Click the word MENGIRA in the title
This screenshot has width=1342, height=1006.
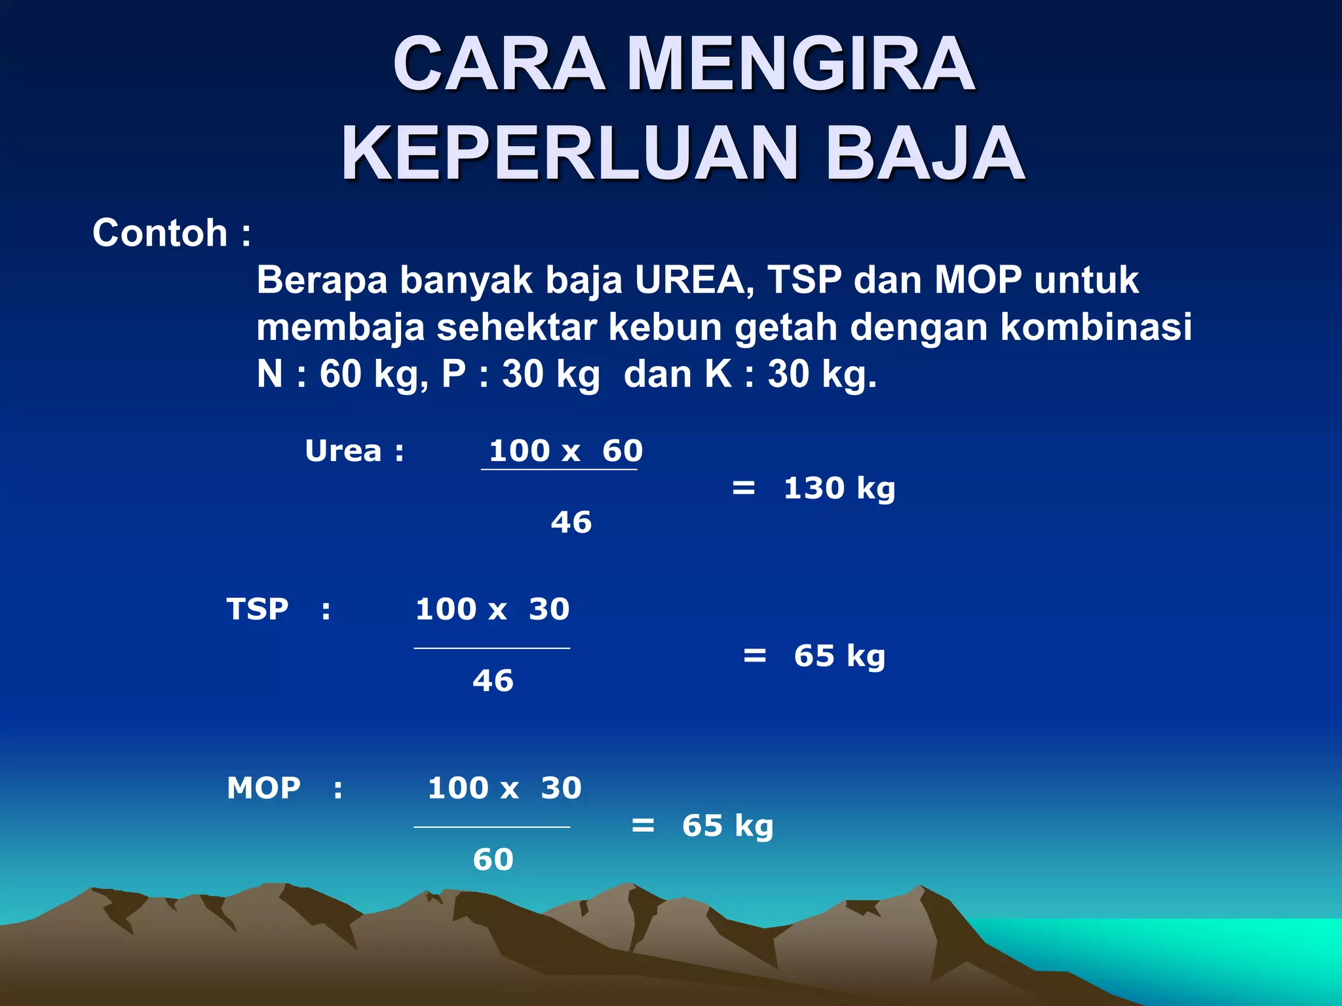click(801, 64)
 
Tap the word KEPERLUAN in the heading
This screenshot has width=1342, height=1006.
click(569, 154)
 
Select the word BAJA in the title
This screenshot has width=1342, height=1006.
click(925, 154)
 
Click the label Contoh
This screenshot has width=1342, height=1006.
click(160, 233)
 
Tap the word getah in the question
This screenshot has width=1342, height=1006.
click(785, 327)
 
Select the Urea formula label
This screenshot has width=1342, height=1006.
click(343, 451)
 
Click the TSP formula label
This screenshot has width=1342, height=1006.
click(258, 609)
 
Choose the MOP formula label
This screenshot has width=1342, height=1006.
click(263, 788)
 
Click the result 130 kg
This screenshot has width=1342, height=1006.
click(839, 489)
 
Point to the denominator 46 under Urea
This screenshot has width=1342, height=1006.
click(571, 523)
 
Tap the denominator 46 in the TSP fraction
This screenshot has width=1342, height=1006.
click(493, 681)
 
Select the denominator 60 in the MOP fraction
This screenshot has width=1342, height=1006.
click(493, 859)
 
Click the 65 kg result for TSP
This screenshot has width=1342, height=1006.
click(839, 656)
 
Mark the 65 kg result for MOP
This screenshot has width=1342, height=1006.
click(727, 826)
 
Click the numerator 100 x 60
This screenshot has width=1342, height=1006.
click(566, 451)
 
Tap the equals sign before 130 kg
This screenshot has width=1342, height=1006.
click(743, 488)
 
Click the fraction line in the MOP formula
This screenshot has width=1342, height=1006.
click(491, 827)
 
